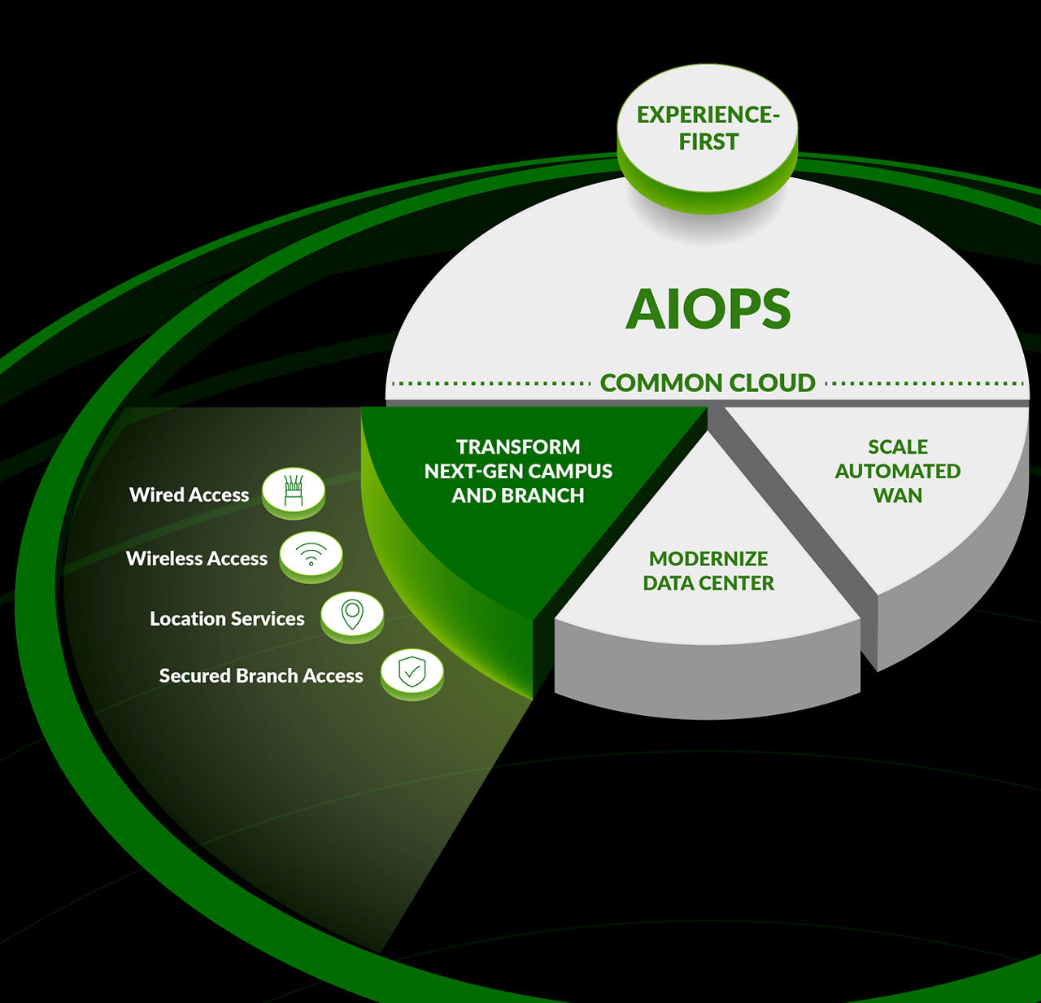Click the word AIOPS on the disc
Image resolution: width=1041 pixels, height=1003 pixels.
tap(708, 309)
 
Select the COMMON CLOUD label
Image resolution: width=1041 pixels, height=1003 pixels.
tap(707, 382)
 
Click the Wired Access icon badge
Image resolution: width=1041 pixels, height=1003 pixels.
tap(294, 491)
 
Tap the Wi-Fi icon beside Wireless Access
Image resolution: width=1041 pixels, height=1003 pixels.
tap(311, 555)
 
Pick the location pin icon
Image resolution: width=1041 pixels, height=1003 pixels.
tap(351, 615)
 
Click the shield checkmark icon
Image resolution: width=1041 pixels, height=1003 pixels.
tap(412, 672)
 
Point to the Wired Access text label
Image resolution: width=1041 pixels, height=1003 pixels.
tap(189, 495)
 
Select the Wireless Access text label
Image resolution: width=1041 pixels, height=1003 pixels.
tap(196, 558)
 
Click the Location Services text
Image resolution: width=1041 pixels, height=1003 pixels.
tap(227, 618)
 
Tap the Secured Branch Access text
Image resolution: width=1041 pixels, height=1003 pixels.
tap(261, 675)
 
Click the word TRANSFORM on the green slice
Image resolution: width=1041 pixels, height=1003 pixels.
tap(518, 447)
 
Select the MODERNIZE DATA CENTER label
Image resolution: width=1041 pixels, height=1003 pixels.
tap(708, 570)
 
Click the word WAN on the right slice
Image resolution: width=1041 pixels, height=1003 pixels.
tap(897, 495)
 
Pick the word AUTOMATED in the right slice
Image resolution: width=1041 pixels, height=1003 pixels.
tap(897, 471)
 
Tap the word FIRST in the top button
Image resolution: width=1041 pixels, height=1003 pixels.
tap(708, 142)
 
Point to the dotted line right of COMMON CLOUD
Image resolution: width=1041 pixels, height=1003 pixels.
tap(924, 382)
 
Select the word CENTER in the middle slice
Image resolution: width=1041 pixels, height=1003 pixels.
tap(739, 582)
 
